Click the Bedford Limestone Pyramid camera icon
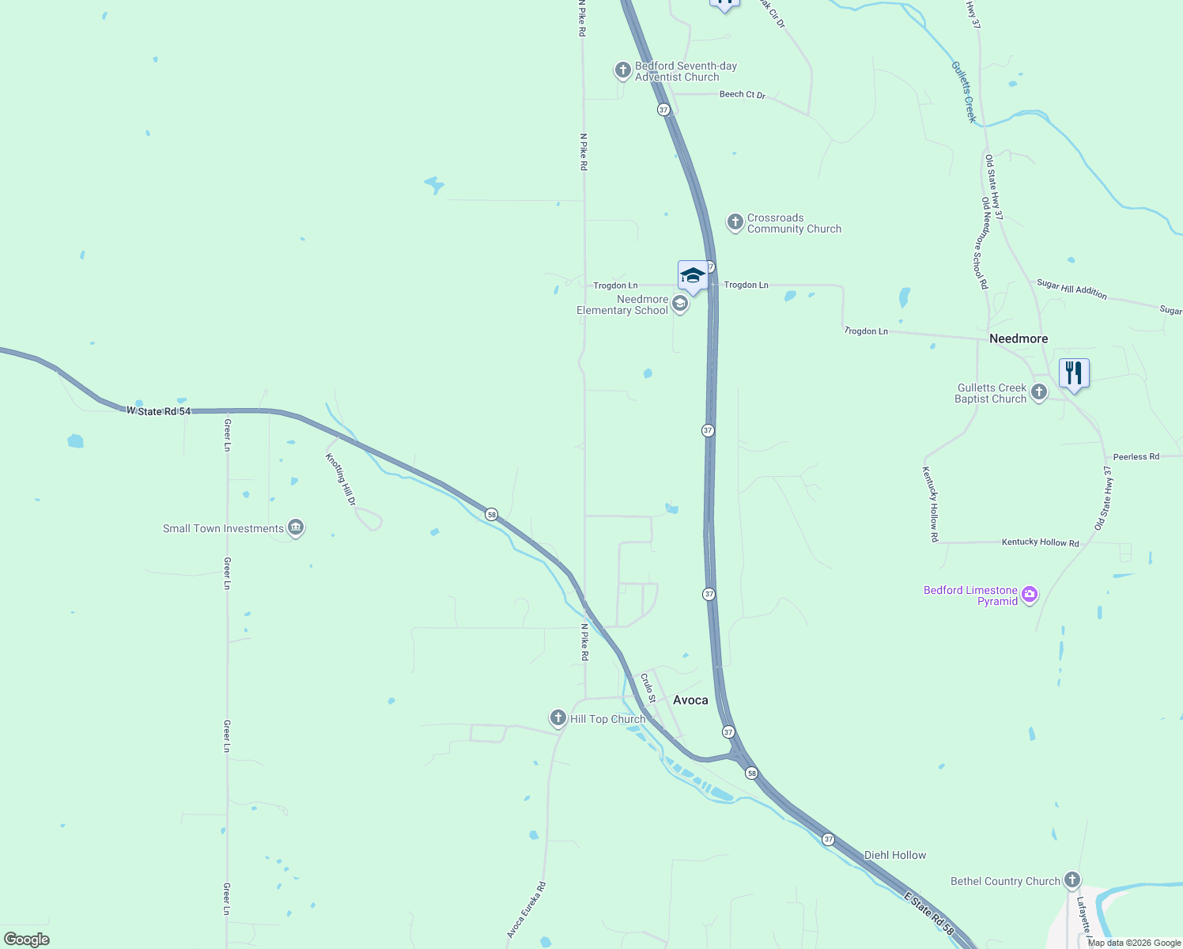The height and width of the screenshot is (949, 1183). coord(1029,595)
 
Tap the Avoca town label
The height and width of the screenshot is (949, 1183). coord(690,700)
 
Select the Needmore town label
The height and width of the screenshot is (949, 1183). coord(1019,338)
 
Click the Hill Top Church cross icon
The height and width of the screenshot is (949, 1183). coord(558,718)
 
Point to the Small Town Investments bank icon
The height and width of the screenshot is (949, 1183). coord(296,527)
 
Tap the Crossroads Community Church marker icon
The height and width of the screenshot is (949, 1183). coord(735,222)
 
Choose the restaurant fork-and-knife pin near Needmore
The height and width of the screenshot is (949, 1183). coord(1074,372)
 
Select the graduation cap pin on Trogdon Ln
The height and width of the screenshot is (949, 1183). coord(693,276)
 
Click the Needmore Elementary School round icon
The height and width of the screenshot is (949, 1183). coord(679,304)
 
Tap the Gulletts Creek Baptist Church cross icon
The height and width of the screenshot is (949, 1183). coord(1039,392)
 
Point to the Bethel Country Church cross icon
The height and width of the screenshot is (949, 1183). coord(1072,880)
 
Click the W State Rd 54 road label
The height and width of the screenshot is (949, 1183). coord(158,411)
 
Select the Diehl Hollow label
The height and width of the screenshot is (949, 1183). coord(894,855)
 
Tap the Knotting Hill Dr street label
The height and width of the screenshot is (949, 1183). coord(341,479)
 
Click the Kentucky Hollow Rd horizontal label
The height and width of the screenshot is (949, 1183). coord(1040,543)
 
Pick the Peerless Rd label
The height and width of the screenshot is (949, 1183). coord(1136,457)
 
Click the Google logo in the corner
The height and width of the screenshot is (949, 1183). coord(27,939)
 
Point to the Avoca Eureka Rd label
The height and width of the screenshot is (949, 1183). coord(527,910)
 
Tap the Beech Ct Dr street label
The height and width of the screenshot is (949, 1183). coord(742,95)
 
